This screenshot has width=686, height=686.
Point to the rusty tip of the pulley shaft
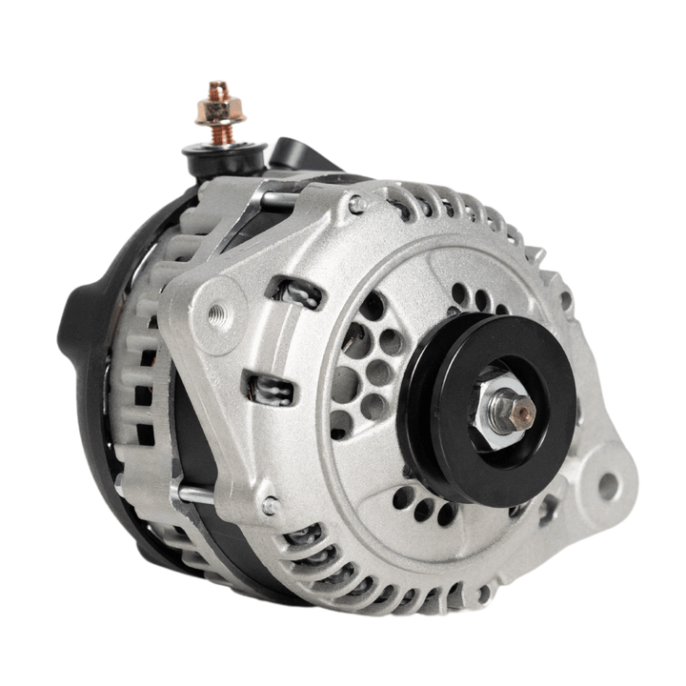tap(523, 410)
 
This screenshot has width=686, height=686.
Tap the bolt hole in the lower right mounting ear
tap(607, 488)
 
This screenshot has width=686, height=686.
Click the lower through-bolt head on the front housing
tap(271, 505)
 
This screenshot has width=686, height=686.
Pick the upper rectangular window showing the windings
tap(295, 291)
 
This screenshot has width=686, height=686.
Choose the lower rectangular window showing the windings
tap(271, 389)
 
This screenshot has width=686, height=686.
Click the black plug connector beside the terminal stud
tap(291, 152)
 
